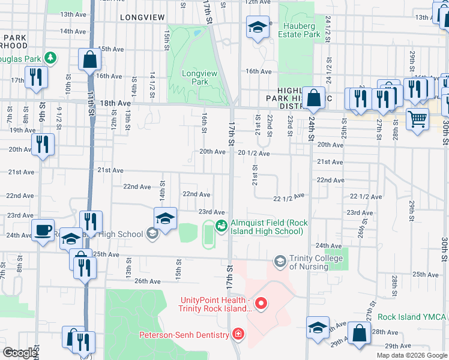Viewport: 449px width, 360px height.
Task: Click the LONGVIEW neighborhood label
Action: [x=142, y=17]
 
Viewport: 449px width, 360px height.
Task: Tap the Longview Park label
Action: [x=195, y=77]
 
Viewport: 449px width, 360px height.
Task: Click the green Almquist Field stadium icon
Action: [x=221, y=226]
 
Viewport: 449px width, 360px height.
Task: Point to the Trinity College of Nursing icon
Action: [x=280, y=261]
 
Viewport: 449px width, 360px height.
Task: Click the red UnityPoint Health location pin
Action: [x=261, y=304]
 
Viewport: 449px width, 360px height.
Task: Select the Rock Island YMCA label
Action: [x=411, y=317]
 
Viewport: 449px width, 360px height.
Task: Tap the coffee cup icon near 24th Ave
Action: [x=43, y=230]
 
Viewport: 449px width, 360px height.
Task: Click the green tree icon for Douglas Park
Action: [x=52, y=57]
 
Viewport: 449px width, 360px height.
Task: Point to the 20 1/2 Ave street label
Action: [x=253, y=153]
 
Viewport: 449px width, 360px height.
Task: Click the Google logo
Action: [x=20, y=353]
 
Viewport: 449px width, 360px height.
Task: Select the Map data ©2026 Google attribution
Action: [x=411, y=355]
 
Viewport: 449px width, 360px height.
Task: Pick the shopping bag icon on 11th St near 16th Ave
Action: [x=89, y=59]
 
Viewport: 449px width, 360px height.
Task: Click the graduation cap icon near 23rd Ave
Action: [x=166, y=218]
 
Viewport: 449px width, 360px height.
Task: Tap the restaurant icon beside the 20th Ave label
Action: [x=43, y=143]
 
